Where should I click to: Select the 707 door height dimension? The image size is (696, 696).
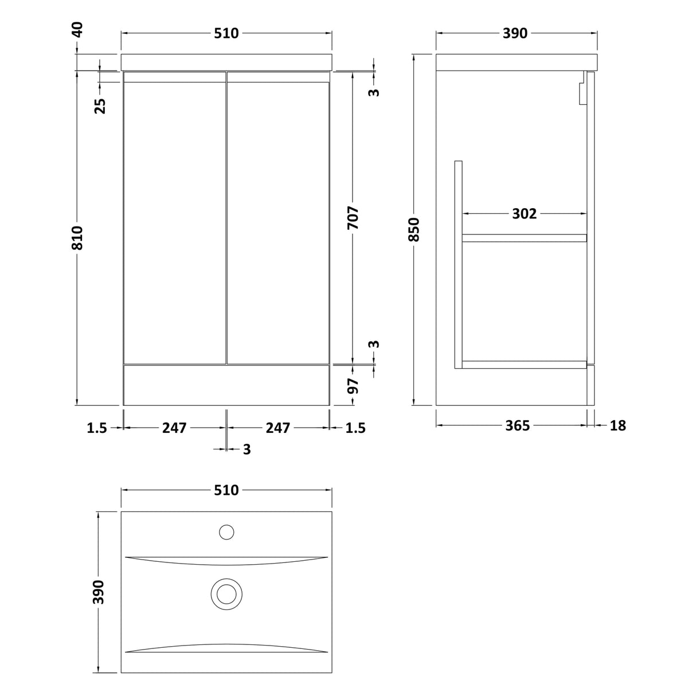click(x=353, y=218)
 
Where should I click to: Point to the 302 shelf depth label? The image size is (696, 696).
click(x=525, y=214)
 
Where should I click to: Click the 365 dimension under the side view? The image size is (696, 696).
click(x=518, y=426)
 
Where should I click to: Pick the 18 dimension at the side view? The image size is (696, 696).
click(x=618, y=426)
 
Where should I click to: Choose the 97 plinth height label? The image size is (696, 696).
click(x=353, y=385)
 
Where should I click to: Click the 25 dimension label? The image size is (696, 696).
click(x=100, y=105)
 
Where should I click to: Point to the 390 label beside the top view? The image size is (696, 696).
click(x=99, y=592)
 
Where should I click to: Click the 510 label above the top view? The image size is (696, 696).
click(x=226, y=491)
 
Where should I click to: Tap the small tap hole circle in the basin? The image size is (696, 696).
click(x=226, y=532)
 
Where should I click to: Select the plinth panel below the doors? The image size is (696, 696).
click(x=226, y=385)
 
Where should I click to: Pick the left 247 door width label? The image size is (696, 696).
click(x=174, y=428)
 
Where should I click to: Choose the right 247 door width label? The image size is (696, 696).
click(x=278, y=428)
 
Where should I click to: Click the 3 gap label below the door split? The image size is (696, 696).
click(x=247, y=449)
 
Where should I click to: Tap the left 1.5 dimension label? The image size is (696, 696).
click(x=97, y=428)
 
